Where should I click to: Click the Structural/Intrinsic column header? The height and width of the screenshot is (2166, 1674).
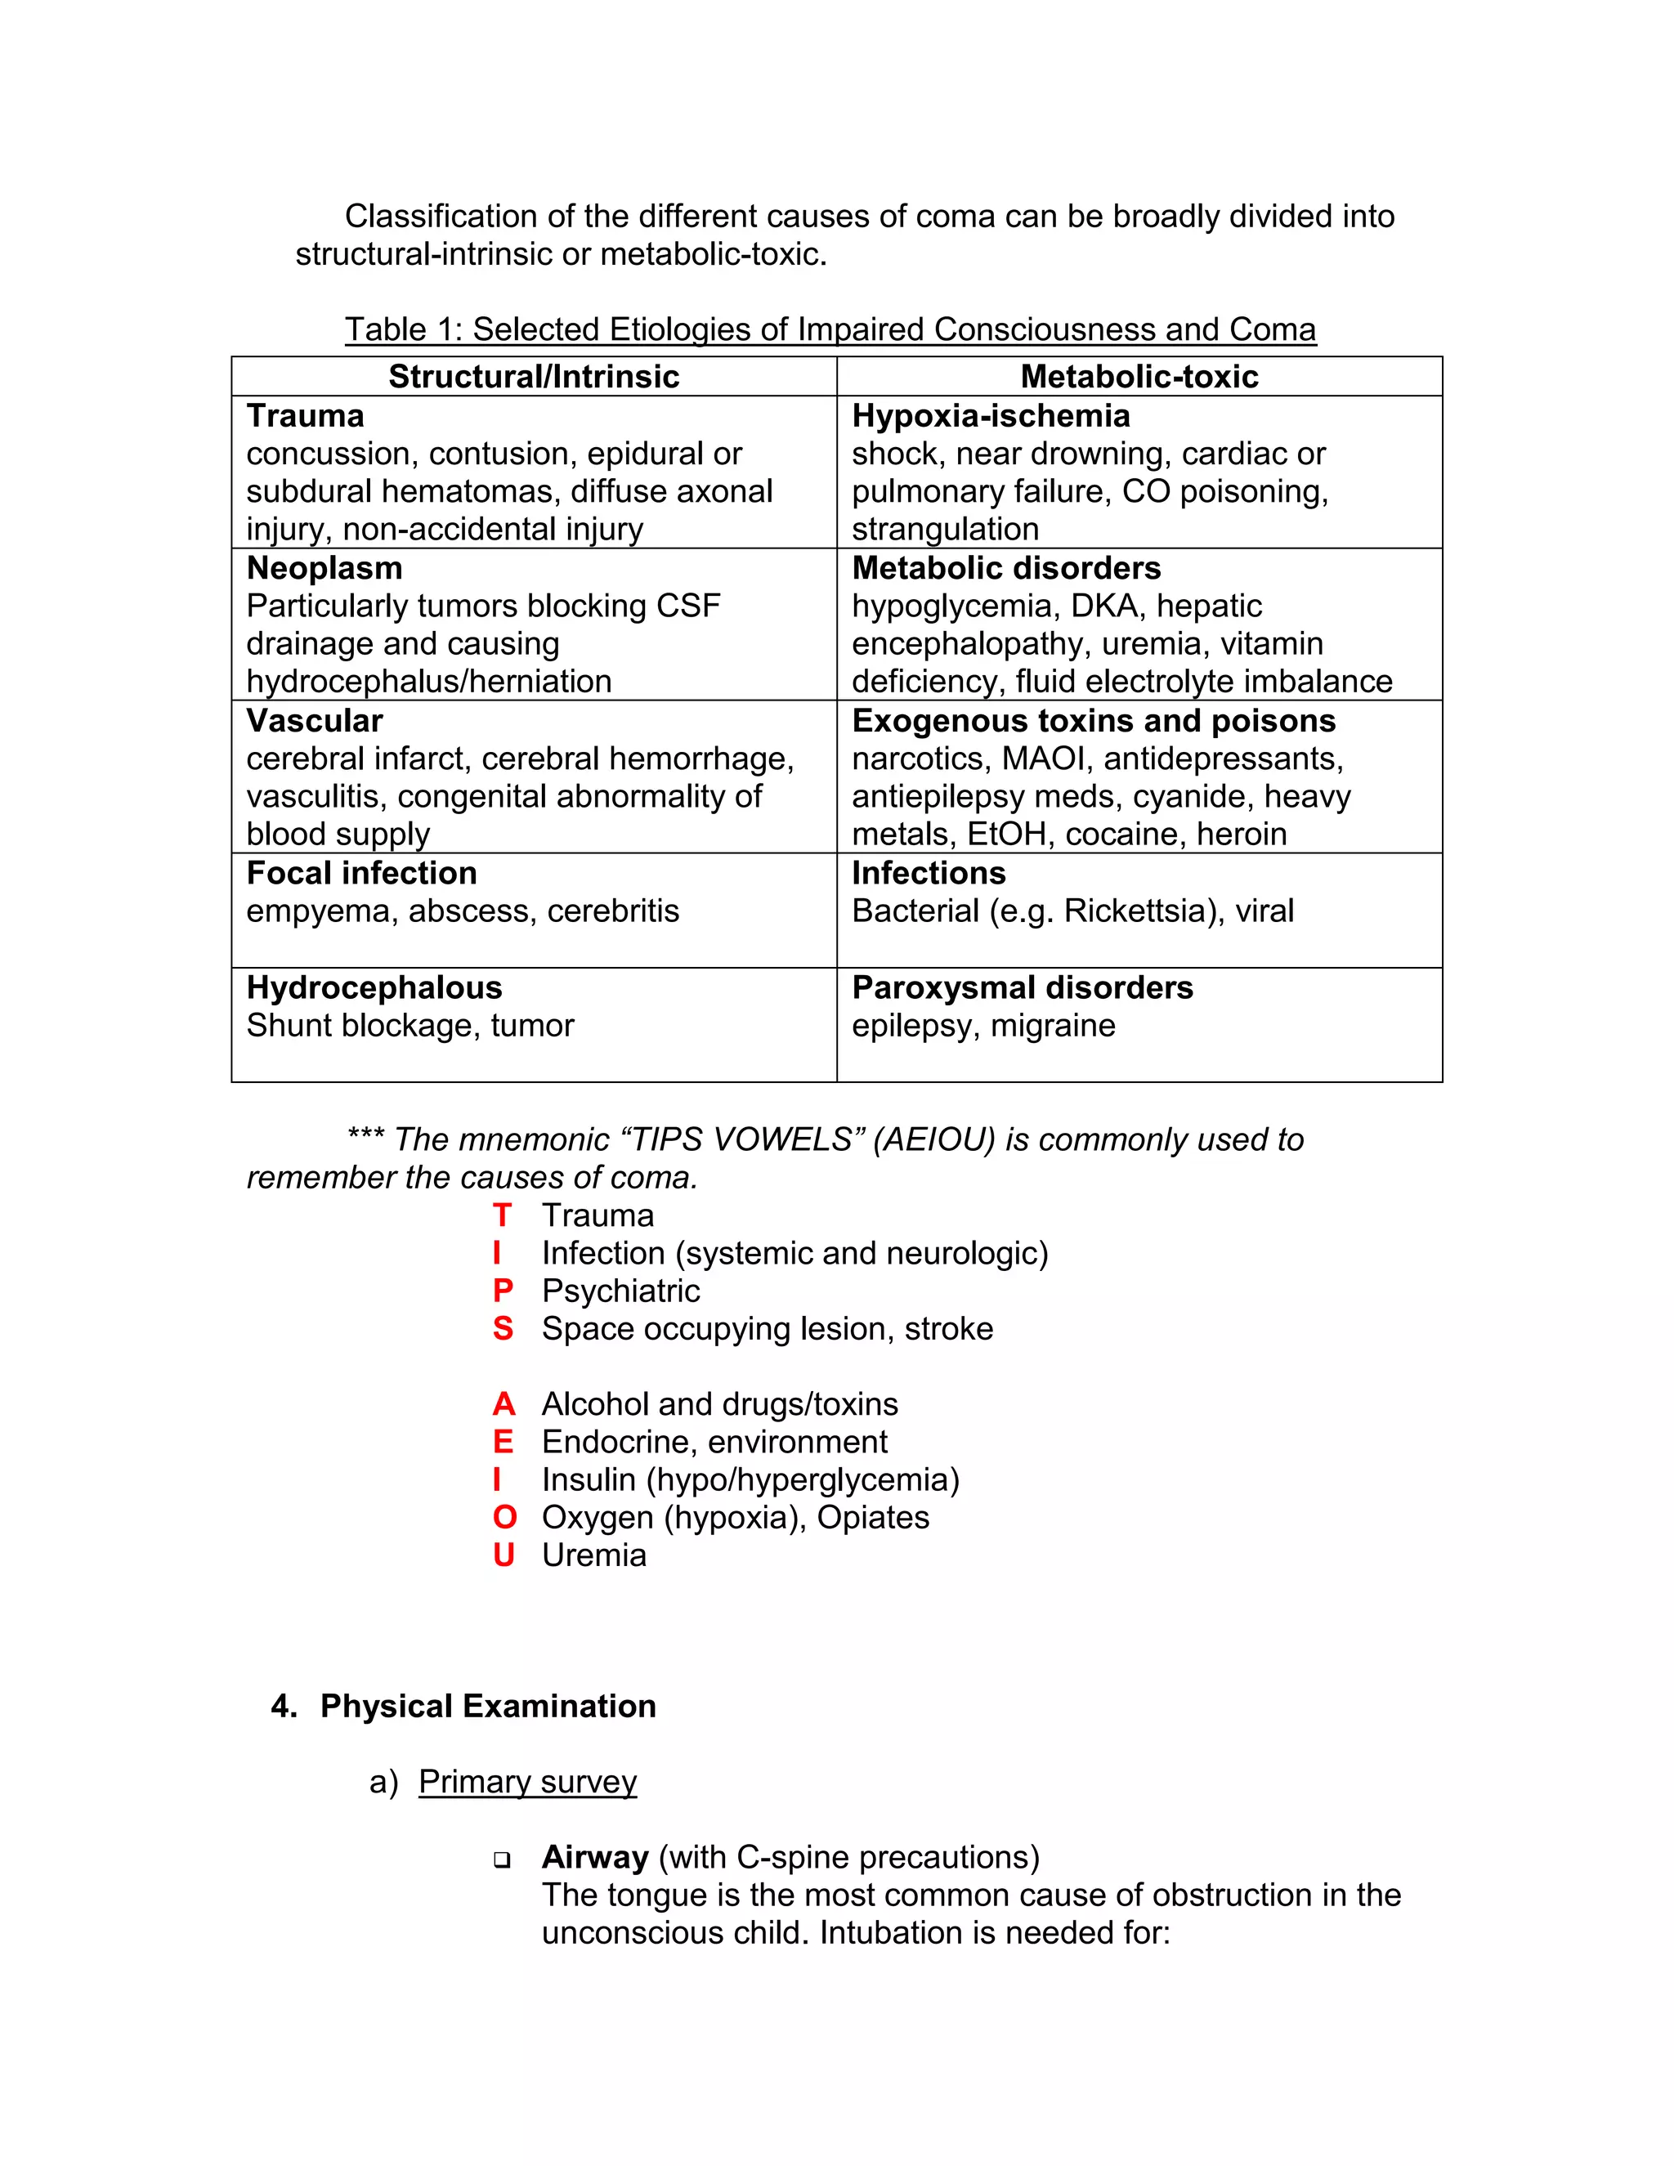tap(534, 377)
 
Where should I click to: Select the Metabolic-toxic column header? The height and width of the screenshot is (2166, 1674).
tap(1139, 377)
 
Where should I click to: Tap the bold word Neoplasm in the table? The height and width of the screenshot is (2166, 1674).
tap(325, 568)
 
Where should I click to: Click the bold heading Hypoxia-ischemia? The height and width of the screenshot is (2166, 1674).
tap(991, 415)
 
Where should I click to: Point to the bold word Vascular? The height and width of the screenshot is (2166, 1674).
tap(315, 721)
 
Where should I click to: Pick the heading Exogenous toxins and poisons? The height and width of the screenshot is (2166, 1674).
tap(1093, 721)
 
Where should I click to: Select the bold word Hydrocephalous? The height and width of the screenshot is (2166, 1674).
tap(374, 988)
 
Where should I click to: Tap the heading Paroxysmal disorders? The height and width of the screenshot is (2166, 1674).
tap(1022, 988)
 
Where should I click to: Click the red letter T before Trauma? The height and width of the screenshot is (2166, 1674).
tap(502, 1216)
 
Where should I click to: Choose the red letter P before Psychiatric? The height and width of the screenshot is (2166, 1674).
tap(503, 1291)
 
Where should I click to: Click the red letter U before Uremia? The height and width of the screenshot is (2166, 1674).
tap(504, 1555)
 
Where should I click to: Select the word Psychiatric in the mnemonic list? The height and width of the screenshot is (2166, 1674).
tap(621, 1291)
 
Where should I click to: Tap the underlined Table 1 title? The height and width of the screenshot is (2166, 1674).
tap(830, 329)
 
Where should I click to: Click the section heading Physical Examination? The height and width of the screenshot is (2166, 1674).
tap(488, 1706)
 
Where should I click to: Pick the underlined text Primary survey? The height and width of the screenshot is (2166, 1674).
tap(527, 1781)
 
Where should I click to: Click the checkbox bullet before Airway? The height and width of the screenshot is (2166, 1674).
tap(502, 1859)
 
